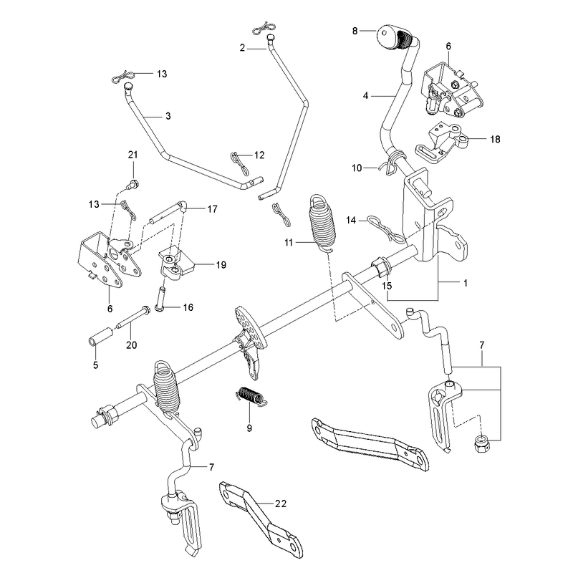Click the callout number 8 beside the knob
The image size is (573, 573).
pyautogui.click(x=355, y=31)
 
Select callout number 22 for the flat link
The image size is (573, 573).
pyautogui.click(x=280, y=504)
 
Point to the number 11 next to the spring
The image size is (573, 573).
pyautogui.click(x=289, y=242)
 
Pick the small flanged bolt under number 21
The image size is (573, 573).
pyautogui.click(x=133, y=184)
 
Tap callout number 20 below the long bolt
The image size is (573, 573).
pyautogui.click(x=132, y=345)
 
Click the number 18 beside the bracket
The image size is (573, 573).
pyautogui.click(x=495, y=139)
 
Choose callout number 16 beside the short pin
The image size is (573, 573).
pyautogui.click(x=188, y=307)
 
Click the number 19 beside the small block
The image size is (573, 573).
pyautogui.click(x=221, y=265)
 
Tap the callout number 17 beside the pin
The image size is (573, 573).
pyautogui.click(x=212, y=209)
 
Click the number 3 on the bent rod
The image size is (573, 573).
pyautogui.click(x=168, y=116)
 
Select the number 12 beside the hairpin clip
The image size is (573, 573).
pyautogui.click(x=259, y=155)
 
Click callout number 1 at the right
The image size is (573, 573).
pyautogui.click(x=465, y=283)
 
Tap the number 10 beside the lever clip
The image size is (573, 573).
pyautogui.click(x=357, y=168)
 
